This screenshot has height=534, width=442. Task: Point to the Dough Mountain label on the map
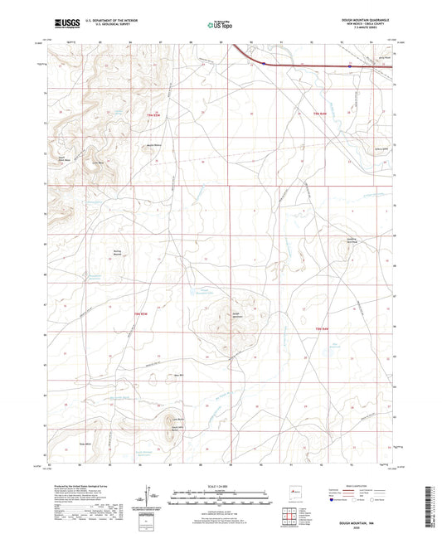236,313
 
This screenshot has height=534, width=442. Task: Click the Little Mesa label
98,163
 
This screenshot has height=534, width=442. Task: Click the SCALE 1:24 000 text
221,484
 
